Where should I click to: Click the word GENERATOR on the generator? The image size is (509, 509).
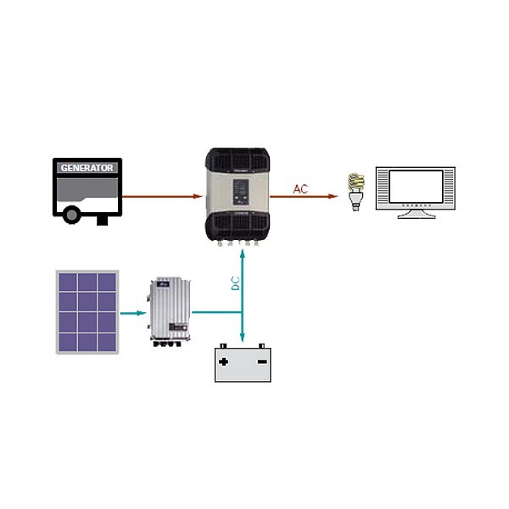(87, 168)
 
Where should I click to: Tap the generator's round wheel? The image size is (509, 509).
(72, 215)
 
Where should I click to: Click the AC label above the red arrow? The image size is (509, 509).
(300, 188)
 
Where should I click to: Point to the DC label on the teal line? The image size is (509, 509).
(236, 283)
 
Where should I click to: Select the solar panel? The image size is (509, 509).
(87, 311)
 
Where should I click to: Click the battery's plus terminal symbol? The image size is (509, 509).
(224, 361)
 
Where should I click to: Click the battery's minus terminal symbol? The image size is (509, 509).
(261, 361)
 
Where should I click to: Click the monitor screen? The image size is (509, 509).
(416, 187)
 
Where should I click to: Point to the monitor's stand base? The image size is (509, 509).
(416, 215)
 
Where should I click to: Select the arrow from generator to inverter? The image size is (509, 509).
(161, 196)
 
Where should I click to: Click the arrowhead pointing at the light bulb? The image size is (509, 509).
(333, 196)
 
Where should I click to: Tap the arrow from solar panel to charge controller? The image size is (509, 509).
(131, 312)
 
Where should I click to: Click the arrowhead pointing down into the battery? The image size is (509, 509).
(243, 338)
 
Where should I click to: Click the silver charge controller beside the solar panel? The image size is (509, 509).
(171, 310)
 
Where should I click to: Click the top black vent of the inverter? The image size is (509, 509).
(238, 161)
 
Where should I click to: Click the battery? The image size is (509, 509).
(243, 365)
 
